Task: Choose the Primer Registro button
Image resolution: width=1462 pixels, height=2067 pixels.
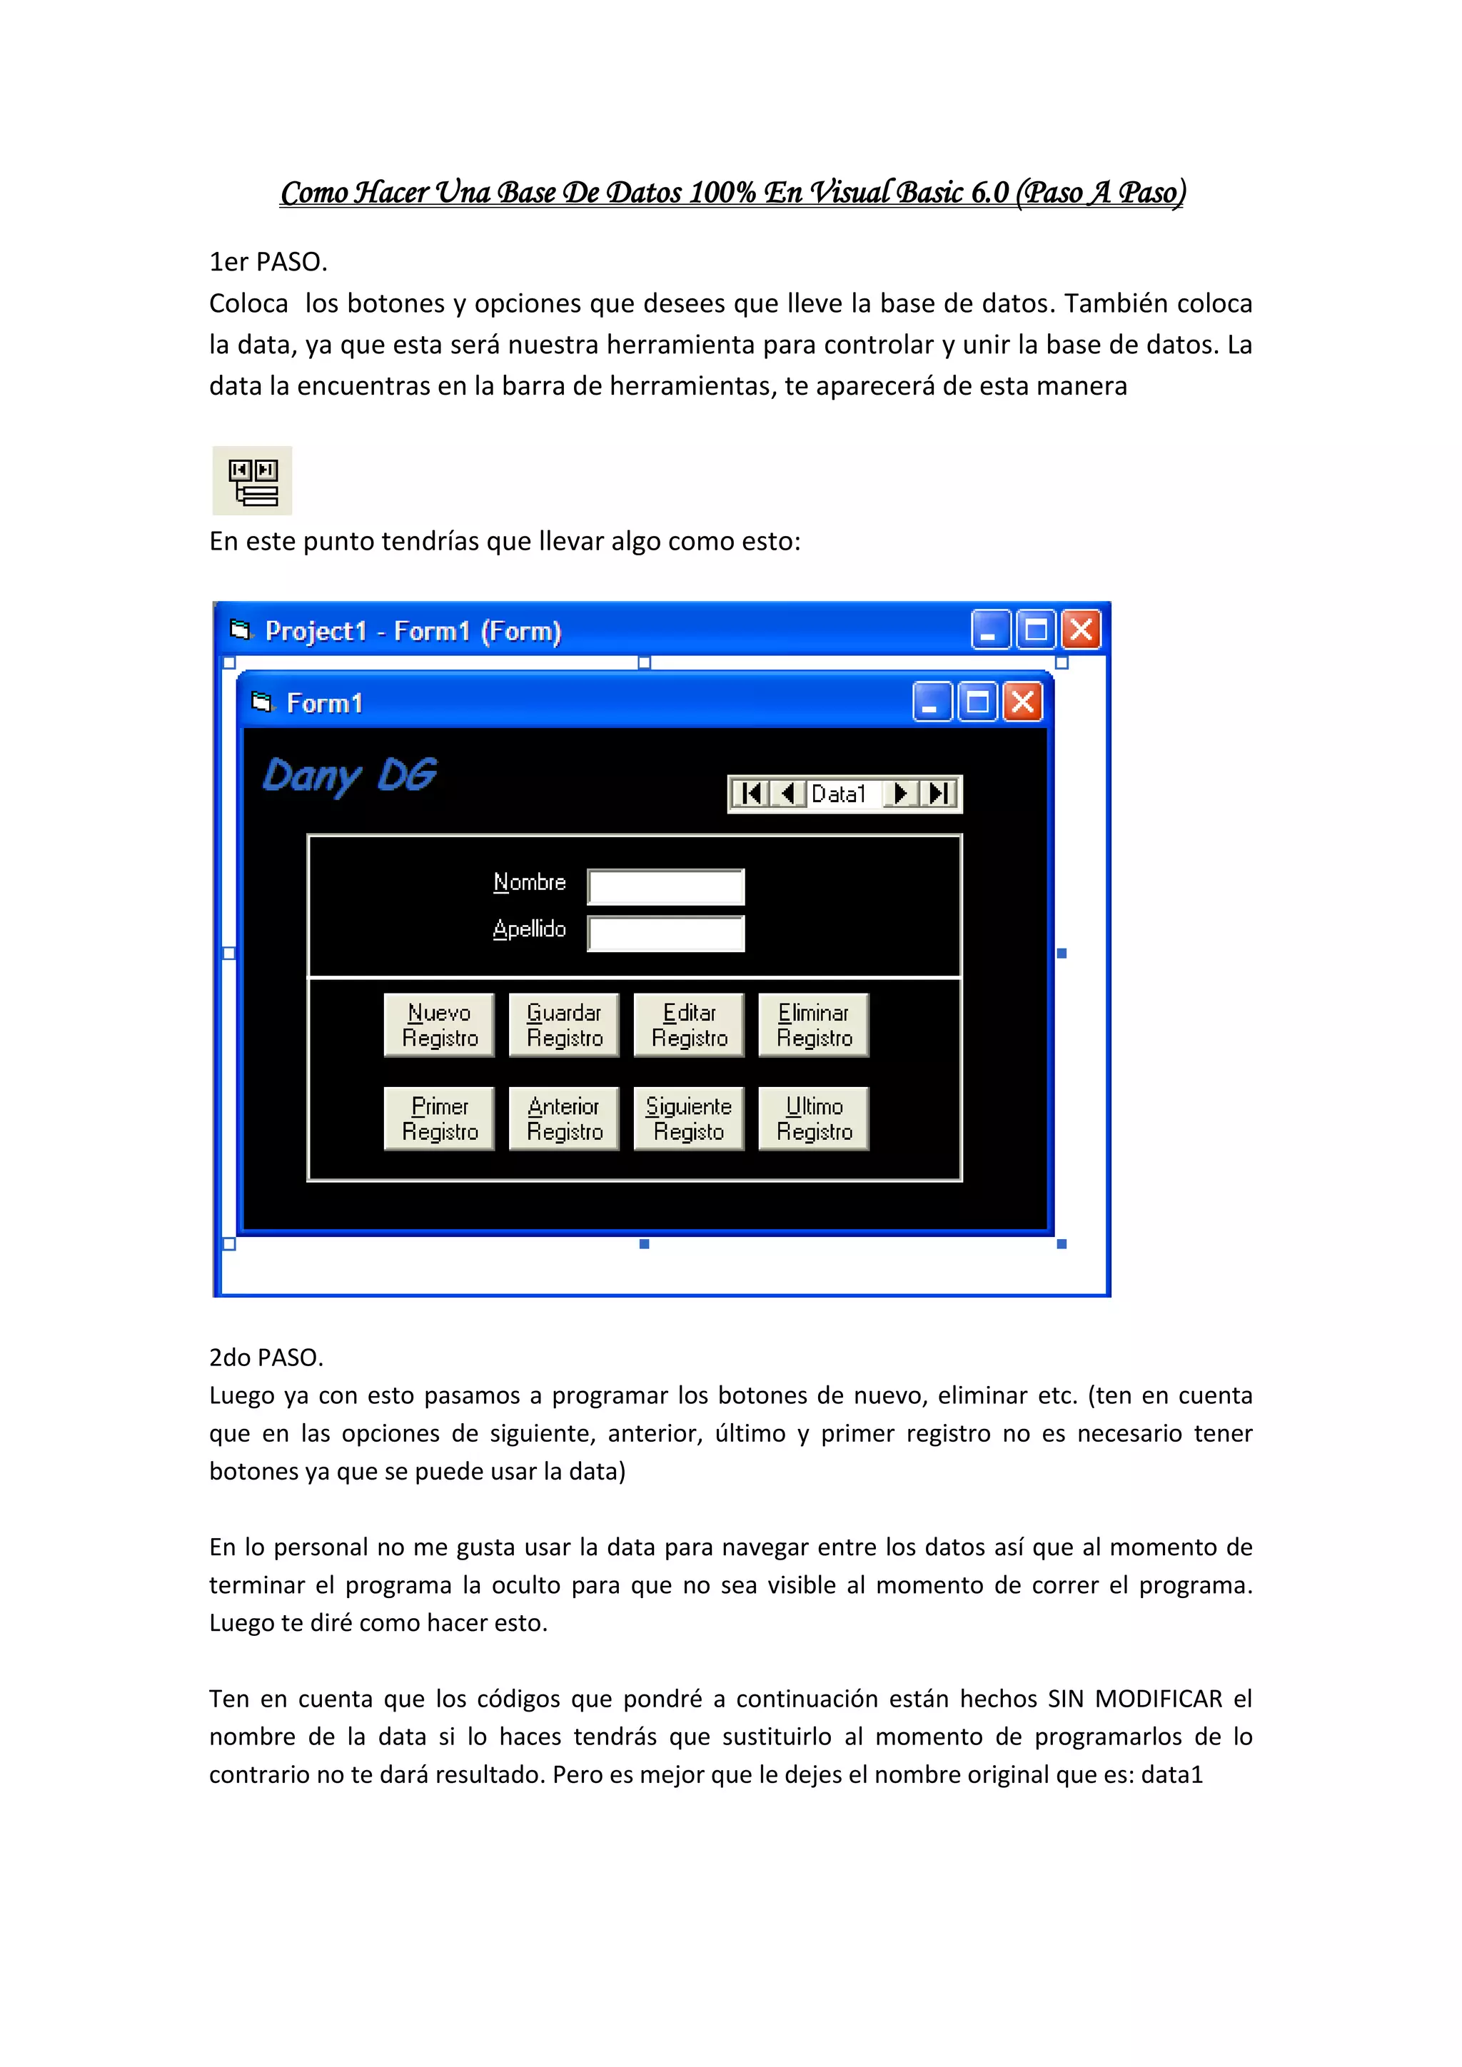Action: click(x=439, y=1118)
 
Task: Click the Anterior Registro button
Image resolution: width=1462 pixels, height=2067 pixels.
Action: click(x=565, y=1118)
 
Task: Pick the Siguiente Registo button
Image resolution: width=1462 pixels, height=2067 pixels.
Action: click(x=689, y=1118)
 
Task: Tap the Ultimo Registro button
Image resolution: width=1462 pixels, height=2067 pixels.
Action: click(x=814, y=1118)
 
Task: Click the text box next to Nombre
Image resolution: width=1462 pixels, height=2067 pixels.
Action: click(x=666, y=886)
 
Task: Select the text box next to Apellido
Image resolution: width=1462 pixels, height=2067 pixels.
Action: click(x=666, y=934)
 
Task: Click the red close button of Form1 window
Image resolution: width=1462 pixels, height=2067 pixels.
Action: click(x=1024, y=702)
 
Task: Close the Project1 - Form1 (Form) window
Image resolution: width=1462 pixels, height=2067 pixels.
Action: click(x=1082, y=630)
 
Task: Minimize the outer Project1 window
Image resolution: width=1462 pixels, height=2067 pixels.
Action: click(x=990, y=630)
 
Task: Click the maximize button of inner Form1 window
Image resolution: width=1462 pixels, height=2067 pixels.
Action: click(x=978, y=702)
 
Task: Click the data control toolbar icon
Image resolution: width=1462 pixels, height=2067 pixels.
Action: click(x=253, y=481)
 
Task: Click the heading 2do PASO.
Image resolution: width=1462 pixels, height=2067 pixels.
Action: click(x=266, y=1357)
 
